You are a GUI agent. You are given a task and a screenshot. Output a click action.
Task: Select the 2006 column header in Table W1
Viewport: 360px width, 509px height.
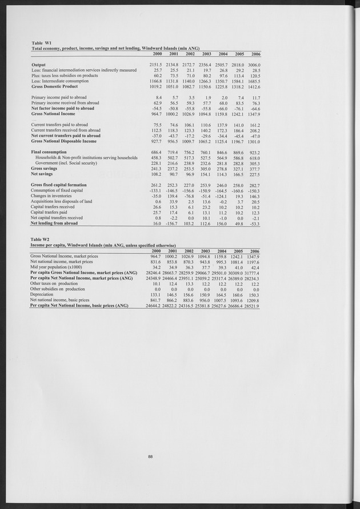coord(255,54)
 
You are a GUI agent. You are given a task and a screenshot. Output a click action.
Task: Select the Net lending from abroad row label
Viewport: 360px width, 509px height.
coord(54,223)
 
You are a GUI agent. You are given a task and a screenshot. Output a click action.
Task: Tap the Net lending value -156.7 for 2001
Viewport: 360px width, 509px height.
coord(171,223)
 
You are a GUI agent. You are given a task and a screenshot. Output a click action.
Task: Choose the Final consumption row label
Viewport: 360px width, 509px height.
coord(50,152)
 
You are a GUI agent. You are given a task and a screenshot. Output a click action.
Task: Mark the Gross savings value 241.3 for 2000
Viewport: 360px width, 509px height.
coord(155,169)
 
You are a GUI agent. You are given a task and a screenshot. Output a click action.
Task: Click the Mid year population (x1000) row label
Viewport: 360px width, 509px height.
coord(56,267)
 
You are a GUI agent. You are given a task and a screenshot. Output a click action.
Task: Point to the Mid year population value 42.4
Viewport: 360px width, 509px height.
coord(255,267)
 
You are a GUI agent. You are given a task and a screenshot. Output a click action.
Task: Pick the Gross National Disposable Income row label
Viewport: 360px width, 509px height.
coord(63,141)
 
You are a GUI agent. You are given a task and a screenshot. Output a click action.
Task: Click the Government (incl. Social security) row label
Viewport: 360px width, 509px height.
coord(67,163)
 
